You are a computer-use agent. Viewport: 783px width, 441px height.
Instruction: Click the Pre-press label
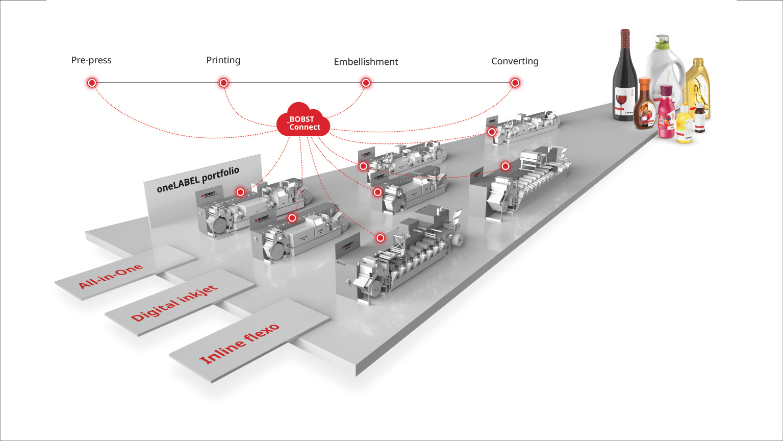pyautogui.click(x=91, y=60)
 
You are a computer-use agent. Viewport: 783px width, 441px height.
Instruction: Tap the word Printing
pyautogui.click(x=223, y=60)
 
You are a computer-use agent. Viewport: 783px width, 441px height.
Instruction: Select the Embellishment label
pyautogui.click(x=366, y=62)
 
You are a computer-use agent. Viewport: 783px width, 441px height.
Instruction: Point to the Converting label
pyautogui.click(x=515, y=61)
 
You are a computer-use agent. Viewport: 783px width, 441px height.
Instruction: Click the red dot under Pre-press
pyautogui.click(x=92, y=83)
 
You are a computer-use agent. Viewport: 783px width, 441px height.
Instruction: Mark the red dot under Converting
pyautogui.click(x=515, y=83)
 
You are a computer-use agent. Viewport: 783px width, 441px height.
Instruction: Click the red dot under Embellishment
pyautogui.click(x=366, y=83)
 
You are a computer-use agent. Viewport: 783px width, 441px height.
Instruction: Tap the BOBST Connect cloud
pyautogui.click(x=303, y=121)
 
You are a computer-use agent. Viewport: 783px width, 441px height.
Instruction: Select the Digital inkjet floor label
pyautogui.click(x=174, y=303)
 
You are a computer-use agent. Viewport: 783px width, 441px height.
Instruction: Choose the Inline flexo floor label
pyautogui.click(x=240, y=344)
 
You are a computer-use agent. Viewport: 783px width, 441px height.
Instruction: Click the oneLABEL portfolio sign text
pyautogui.click(x=198, y=180)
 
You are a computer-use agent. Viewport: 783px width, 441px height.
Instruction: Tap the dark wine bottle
pyautogui.click(x=624, y=77)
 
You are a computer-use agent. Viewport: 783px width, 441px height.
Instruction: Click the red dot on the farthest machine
pyautogui.click(x=492, y=132)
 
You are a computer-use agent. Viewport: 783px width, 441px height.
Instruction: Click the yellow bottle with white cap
pyautogui.click(x=684, y=125)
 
